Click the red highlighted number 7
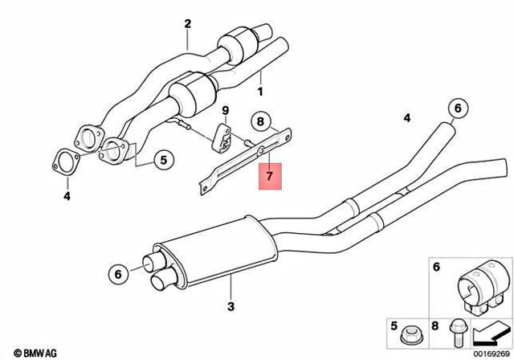270,174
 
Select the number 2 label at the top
188,23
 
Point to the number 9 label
226,109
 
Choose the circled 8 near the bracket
259,122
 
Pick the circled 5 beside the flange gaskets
163,159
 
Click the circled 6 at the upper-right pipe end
458,107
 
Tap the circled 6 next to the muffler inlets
118,274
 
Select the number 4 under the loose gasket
67,195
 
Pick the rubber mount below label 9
223,137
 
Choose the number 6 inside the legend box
437,267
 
